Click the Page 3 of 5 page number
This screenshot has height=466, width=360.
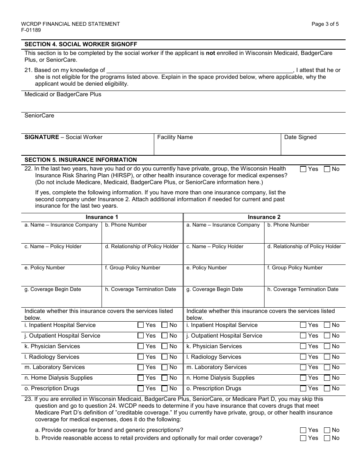pos(325,24)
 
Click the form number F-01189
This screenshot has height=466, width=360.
pos(31,30)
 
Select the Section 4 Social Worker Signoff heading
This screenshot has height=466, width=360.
pos(81,44)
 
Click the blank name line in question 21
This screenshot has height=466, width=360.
pos(200,70)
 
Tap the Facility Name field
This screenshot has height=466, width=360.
pos(217,147)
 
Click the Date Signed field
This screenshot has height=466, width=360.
pos(313,147)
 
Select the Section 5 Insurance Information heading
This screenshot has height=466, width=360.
pos(81,160)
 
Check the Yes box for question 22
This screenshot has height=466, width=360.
pos(303,169)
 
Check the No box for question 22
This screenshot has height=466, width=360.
pos(327,169)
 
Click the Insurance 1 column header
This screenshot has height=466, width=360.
pos(102,217)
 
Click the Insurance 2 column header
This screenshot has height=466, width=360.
pos(264,217)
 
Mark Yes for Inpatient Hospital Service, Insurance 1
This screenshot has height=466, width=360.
pos(141,325)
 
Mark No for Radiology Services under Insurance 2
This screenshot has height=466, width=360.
pos(327,357)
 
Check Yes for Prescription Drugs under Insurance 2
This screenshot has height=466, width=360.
pos(303,388)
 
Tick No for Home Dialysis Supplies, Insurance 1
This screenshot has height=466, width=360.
pos(164,378)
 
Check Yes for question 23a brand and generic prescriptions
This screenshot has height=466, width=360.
pos(303,430)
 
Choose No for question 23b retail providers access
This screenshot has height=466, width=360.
pos(327,438)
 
